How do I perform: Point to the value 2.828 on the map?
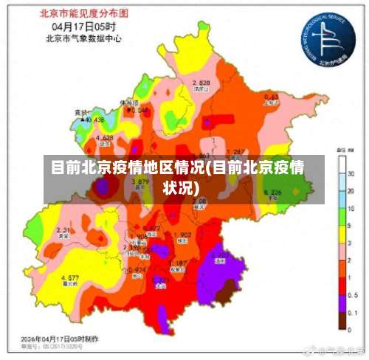tap(201, 82)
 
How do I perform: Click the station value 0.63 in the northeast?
tap(271, 97)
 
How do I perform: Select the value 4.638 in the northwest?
tap(104, 138)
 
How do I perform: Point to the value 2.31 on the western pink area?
tap(63, 230)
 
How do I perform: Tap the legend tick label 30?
tap(351, 174)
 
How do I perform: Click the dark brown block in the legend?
tap(342, 319)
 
